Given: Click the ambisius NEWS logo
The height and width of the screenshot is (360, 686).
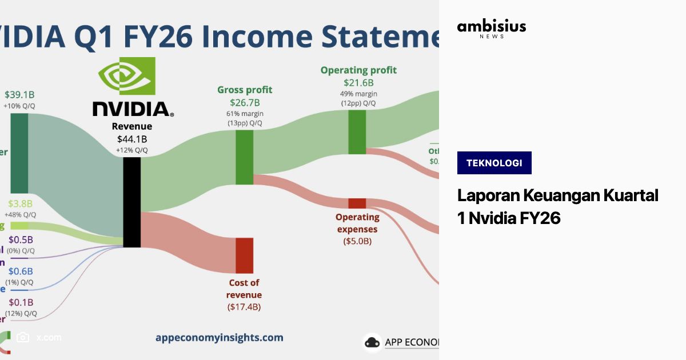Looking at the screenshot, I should (x=492, y=29).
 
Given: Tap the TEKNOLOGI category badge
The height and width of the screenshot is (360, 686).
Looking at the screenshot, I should (x=494, y=163).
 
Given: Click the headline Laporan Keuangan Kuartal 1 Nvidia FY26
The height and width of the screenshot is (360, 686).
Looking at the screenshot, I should (x=557, y=206).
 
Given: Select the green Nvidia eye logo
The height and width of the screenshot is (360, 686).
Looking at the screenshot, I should (x=126, y=76).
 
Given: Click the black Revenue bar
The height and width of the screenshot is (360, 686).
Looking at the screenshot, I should (x=132, y=202).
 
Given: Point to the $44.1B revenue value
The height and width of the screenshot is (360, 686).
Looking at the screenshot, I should (x=132, y=139).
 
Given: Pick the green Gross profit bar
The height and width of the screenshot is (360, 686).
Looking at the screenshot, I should (x=245, y=157).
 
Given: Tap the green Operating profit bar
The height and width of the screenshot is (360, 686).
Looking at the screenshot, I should (x=357, y=132).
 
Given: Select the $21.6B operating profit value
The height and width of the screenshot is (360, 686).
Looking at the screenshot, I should (x=358, y=83).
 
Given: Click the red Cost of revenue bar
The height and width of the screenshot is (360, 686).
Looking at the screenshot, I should (x=244, y=255).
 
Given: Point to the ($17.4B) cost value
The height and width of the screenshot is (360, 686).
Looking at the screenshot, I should (x=244, y=307).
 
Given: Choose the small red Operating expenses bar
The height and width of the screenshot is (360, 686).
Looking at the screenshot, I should (x=357, y=203).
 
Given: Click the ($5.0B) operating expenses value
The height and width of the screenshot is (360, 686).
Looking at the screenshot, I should (x=357, y=241).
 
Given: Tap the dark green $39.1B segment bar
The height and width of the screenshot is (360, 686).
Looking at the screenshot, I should (x=19, y=153).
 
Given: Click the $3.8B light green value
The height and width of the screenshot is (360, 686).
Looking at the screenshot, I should (x=21, y=204).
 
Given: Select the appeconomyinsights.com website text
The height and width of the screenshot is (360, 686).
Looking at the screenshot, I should (x=219, y=338).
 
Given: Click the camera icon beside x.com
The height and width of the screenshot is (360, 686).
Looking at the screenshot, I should (x=23, y=337).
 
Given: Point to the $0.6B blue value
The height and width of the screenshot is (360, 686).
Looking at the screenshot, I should (x=21, y=271).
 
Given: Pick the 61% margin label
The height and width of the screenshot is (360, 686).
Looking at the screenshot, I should (x=245, y=114).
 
